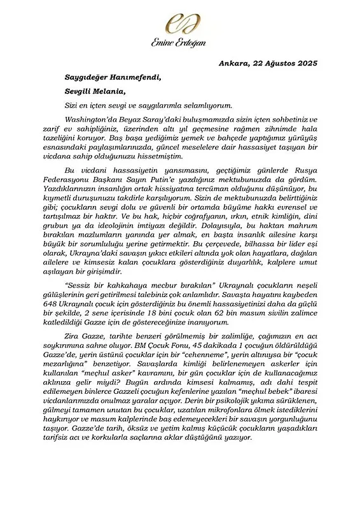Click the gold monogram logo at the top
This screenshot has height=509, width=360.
pos(179,24)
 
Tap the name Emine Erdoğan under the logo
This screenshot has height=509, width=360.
pos(179,43)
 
